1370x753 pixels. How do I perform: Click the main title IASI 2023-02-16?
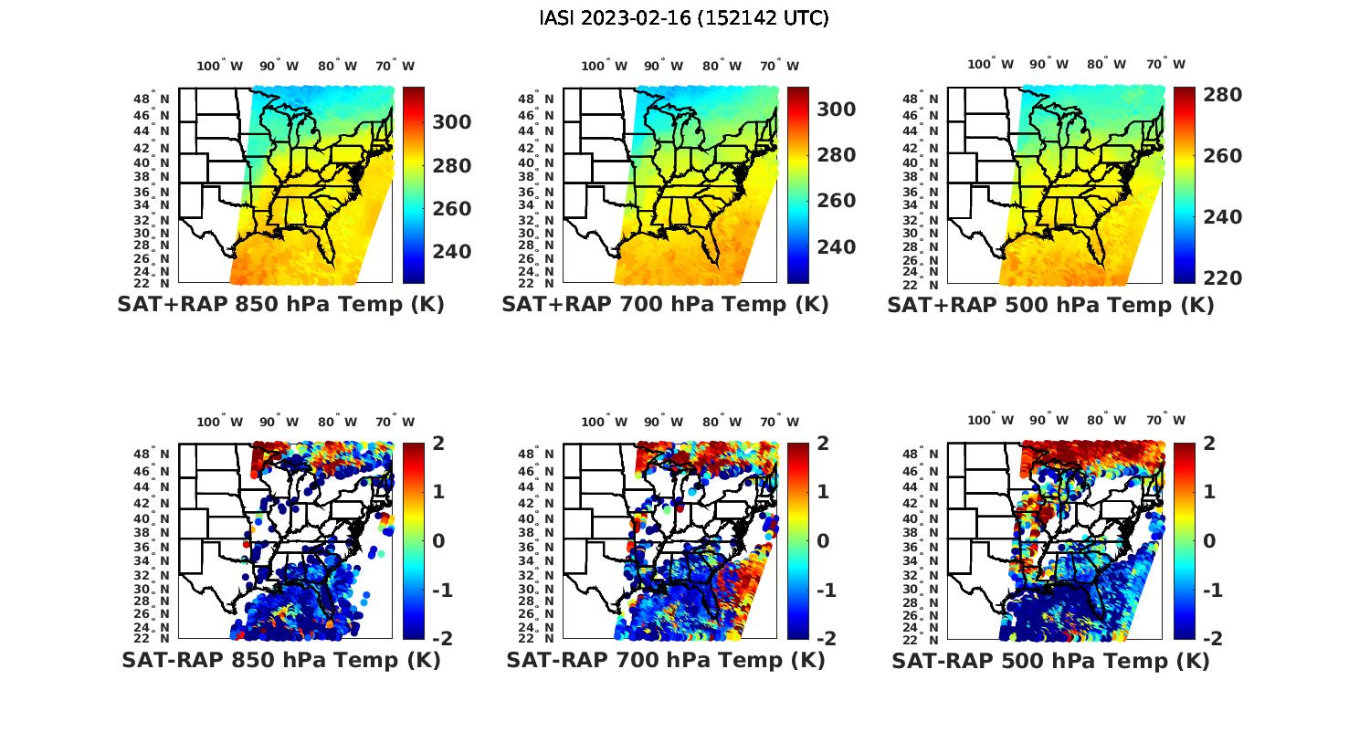pyautogui.click(x=684, y=17)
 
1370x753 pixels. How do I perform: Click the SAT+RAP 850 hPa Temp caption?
pyautogui.click(x=280, y=305)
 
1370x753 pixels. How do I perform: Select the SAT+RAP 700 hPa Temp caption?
pyautogui.click(x=665, y=305)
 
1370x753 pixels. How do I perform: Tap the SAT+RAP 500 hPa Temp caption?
pyautogui.click(x=1050, y=305)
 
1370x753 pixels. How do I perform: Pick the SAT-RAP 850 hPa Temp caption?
pyautogui.click(x=280, y=660)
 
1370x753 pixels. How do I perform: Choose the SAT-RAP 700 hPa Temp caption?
pyautogui.click(x=665, y=660)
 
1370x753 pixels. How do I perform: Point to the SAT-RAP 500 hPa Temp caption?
pyautogui.click(x=1050, y=660)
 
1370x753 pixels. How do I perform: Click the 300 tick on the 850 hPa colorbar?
pyautogui.click(x=452, y=122)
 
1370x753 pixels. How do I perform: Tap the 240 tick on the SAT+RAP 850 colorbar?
pyautogui.click(x=452, y=252)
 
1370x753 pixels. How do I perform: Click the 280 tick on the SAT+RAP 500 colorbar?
pyautogui.click(x=1223, y=95)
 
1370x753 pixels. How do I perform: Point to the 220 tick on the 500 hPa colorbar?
pyautogui.click(x=1223, y=277)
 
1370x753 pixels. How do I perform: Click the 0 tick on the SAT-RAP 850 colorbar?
pyautogui.click(x=438, y=540)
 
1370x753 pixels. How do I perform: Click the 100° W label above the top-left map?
pyautogui.click(x=219, y=66)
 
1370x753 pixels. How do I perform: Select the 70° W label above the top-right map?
pyautogui.click(x=1165, y=64)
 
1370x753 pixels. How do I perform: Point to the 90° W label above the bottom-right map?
pyautogui.click(x=1049, y=420)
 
